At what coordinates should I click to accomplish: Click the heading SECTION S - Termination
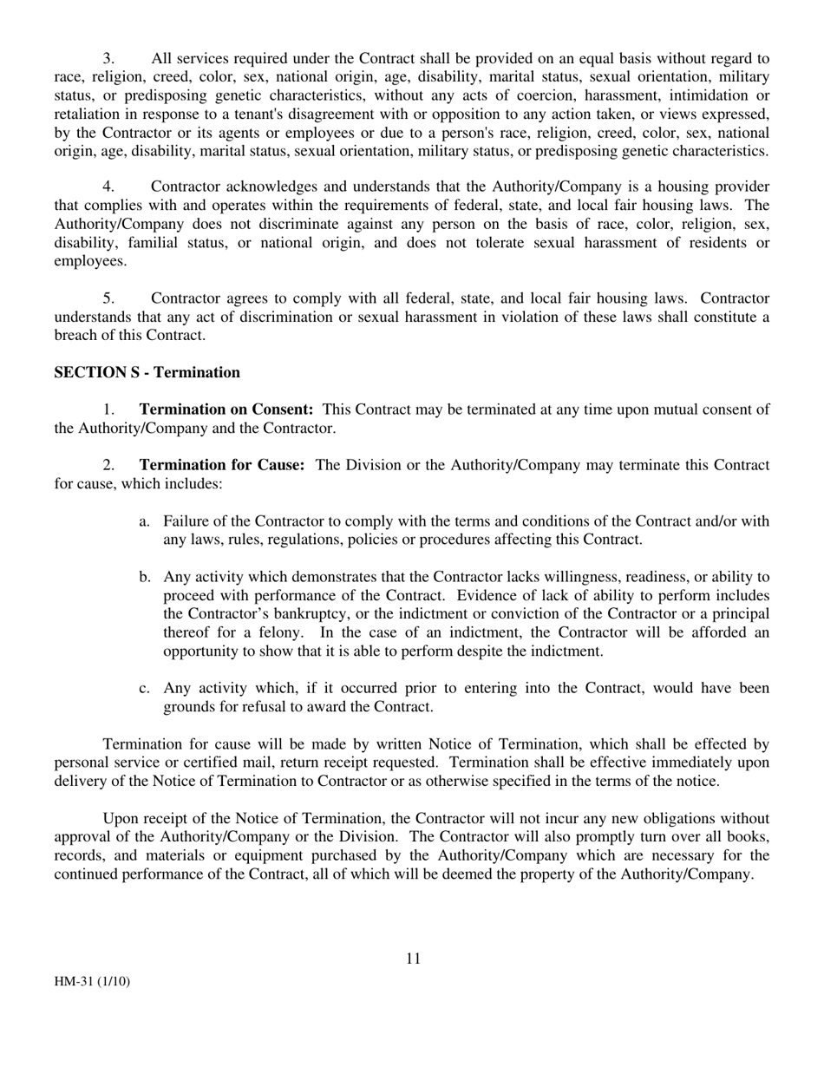pyautogui.click(x=147, y=373)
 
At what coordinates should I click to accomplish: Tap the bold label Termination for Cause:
pyautogui.click(x=222, y=465)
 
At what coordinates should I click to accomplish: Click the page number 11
pyautogui.click(x=412, y=959)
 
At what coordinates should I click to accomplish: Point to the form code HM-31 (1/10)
pyautogui.click(x=92, y=982)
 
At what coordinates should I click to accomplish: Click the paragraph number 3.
pyautogui.click(x=108, y=59)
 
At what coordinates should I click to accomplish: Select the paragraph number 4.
pyautogui.click(x=108, y=187)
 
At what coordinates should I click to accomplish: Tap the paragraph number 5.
pyautogui.click(x=108, y=298)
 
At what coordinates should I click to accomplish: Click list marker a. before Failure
pyautogui.click(x=145, y=521)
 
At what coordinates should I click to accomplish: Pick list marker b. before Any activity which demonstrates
pyautogui.click(x=145, y=577)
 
